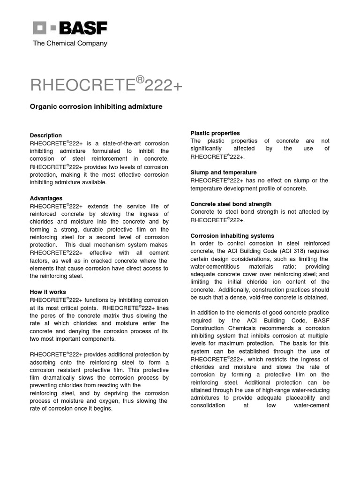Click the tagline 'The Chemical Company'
(x=70, y=43)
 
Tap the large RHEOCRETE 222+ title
(x=106, y=85)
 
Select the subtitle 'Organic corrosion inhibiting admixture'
(x=96, y=107)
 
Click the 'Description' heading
(x=46, y=135)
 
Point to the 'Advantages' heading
(x=46, y=198)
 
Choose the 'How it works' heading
(x=48, y=292)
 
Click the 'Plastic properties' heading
(x=215, y=133)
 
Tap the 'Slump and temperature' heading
(x=223, y=172)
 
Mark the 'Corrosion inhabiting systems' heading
(x=232, y=236)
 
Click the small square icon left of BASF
(x=39, y=28)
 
